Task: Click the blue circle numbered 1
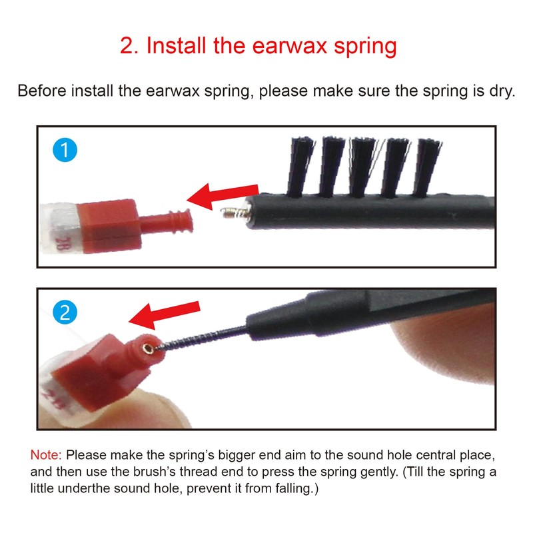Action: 65,151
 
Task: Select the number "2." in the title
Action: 129,46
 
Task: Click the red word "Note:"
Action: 46,456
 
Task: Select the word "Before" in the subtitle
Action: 39,91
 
